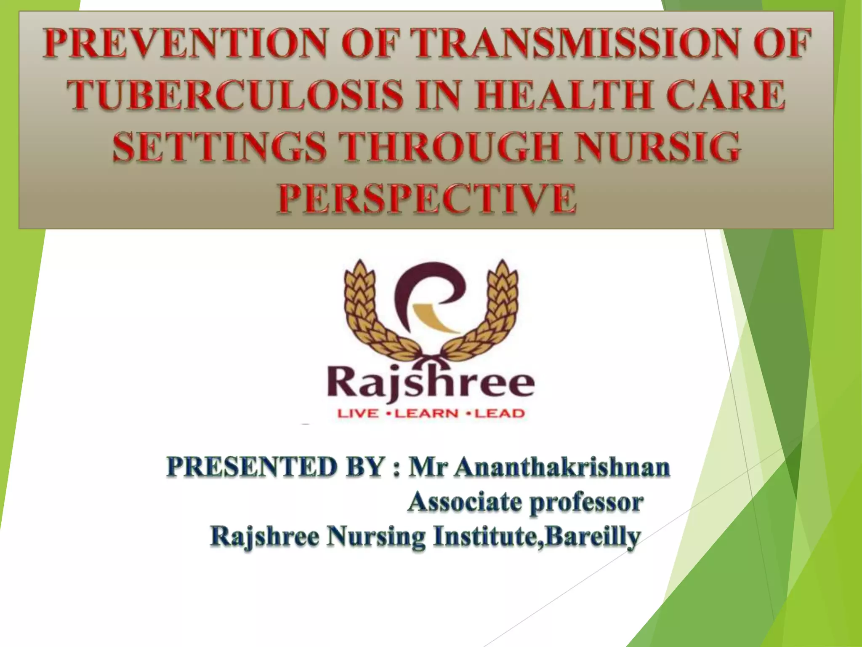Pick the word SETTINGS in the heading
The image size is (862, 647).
tap(219, 147)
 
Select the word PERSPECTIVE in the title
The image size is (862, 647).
tap(426, 198)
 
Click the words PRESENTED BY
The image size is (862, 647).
tap(276, 467)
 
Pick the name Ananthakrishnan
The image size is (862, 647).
tap(562, 467)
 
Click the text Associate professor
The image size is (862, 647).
tap(525, 502)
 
